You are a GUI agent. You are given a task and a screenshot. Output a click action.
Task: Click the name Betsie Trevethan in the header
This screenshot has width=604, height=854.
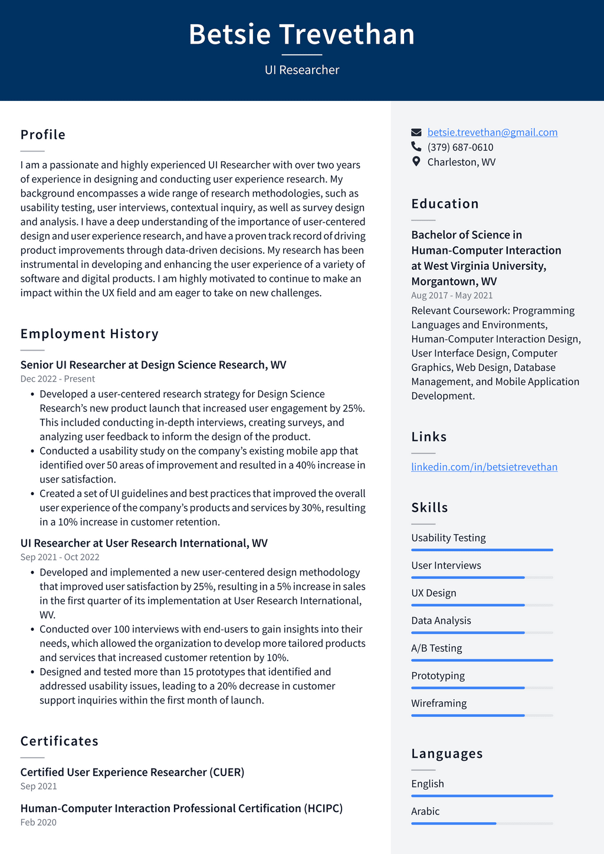(x=301, y=34)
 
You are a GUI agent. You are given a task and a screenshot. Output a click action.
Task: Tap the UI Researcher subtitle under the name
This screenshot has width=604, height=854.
(x=301, y=70)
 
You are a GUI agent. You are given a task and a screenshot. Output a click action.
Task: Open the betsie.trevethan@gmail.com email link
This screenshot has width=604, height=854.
(x=492, y=132)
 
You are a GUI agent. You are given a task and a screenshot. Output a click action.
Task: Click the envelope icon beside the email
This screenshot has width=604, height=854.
(x=416, y=132)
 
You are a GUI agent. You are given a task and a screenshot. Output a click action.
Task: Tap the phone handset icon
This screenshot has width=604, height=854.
(x=416, y=147)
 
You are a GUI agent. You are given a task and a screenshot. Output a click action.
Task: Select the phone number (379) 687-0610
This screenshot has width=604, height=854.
(x=460, y=147)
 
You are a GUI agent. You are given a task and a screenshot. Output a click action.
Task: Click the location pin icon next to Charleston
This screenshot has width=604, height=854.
(x=416, y=162)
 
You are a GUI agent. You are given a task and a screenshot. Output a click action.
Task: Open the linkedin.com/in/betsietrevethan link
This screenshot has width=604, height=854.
(x=484, y=467)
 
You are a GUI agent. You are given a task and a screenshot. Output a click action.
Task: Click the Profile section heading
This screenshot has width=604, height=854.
(x=43, y=135)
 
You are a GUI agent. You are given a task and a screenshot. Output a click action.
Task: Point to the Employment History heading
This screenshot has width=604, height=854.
(x=90, y=334)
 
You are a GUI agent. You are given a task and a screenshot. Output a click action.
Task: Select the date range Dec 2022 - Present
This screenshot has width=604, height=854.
(x=57, y=379)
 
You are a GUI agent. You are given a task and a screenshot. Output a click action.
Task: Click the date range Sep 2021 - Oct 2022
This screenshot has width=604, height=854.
(x=60, y=557)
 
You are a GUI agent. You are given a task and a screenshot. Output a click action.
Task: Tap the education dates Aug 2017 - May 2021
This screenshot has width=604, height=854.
(x=452, y=295)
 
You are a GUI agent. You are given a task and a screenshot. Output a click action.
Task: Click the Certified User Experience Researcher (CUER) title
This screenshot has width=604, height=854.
(x=132, y=772)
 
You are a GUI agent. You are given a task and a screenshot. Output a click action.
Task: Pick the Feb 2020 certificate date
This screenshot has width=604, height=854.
(x=38, y=822)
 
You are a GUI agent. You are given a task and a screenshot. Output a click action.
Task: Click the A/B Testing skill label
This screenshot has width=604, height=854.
(x=436, y=648)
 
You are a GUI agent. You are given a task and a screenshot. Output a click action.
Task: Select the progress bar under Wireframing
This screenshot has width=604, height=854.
(x=482, y=715)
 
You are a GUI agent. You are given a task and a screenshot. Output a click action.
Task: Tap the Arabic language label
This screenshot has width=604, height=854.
(x=425, y=811)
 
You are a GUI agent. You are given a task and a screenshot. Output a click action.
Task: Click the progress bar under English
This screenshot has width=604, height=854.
(x=482, y=796)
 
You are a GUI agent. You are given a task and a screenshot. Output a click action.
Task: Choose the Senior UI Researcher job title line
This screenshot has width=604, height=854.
(x=153, y=365)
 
